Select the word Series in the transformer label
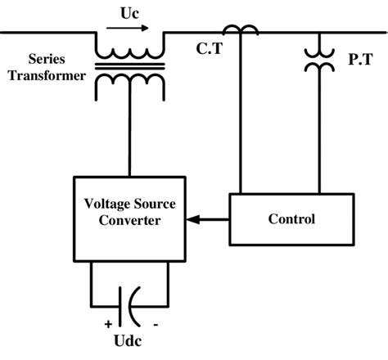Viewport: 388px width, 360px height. click(x=46, y=60)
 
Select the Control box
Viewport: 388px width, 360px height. click(x=291, y=219)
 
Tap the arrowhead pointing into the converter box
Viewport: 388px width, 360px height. click(x=191, y=219)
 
